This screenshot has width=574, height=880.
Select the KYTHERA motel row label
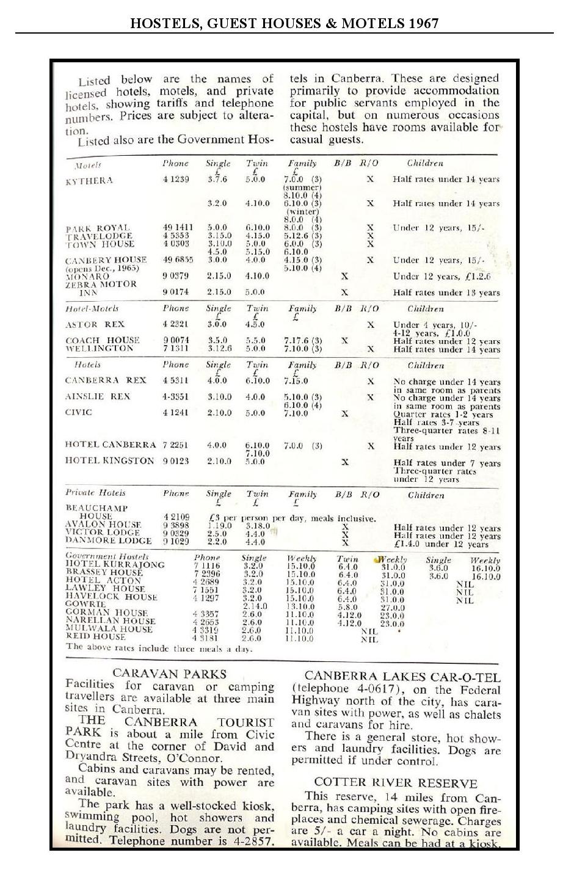[x=89, y=181]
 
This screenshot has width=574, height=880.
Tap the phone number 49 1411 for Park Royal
[x=178, y=228]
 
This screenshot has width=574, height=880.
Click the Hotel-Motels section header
[x=92, y=309]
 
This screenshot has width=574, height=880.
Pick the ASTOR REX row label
[x=95, y=325]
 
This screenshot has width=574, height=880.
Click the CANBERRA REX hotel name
[x=106, y=380]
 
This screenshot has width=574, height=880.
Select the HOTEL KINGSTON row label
[x=109, y=461]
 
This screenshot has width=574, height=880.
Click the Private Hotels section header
[x=95, y=493]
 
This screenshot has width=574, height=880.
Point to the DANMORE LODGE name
[x=109, y=541]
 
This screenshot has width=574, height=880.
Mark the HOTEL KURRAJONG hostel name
[x=115, y=565]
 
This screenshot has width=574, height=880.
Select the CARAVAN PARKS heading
[x=170, y=674]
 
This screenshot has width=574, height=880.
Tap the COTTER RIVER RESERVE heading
[x=396, y=782]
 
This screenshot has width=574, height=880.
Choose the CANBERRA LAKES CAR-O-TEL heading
[x=402, y=677]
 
